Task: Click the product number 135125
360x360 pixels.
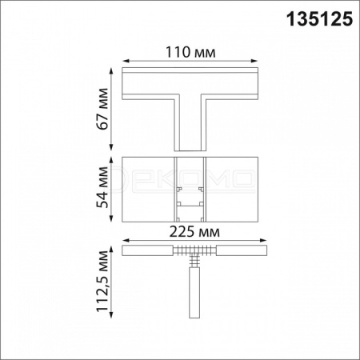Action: (319, 19)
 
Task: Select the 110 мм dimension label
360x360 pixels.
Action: (190, 52)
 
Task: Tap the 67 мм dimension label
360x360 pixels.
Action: (102, 109)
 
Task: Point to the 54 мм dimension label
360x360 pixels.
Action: (102, 187)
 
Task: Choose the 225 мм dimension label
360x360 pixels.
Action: (194, 232)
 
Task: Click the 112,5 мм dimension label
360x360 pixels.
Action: (102, 282)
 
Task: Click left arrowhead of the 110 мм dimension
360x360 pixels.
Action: (126, 61)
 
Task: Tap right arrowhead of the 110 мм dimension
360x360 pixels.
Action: (254, 61)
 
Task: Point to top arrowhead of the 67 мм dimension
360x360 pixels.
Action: (111, 71)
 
